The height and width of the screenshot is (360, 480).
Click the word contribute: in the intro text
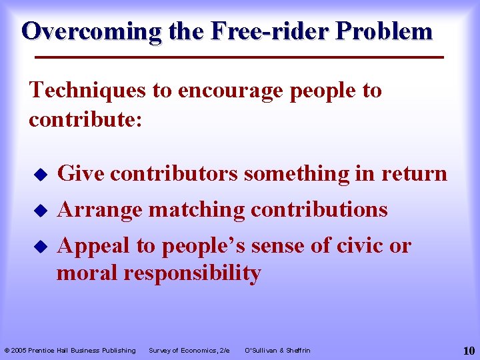[x=85, y=119]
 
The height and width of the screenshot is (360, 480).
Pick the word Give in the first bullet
[x=81, y=173]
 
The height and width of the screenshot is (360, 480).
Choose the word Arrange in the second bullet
[x=100, y=209]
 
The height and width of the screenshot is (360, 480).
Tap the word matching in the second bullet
[x=197, y=209]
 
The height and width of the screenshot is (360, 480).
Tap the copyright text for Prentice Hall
[x=70, y=350]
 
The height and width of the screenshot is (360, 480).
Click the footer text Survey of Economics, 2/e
[x=189, y=350]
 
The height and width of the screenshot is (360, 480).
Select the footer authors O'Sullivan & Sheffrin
[x=278, y=350]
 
